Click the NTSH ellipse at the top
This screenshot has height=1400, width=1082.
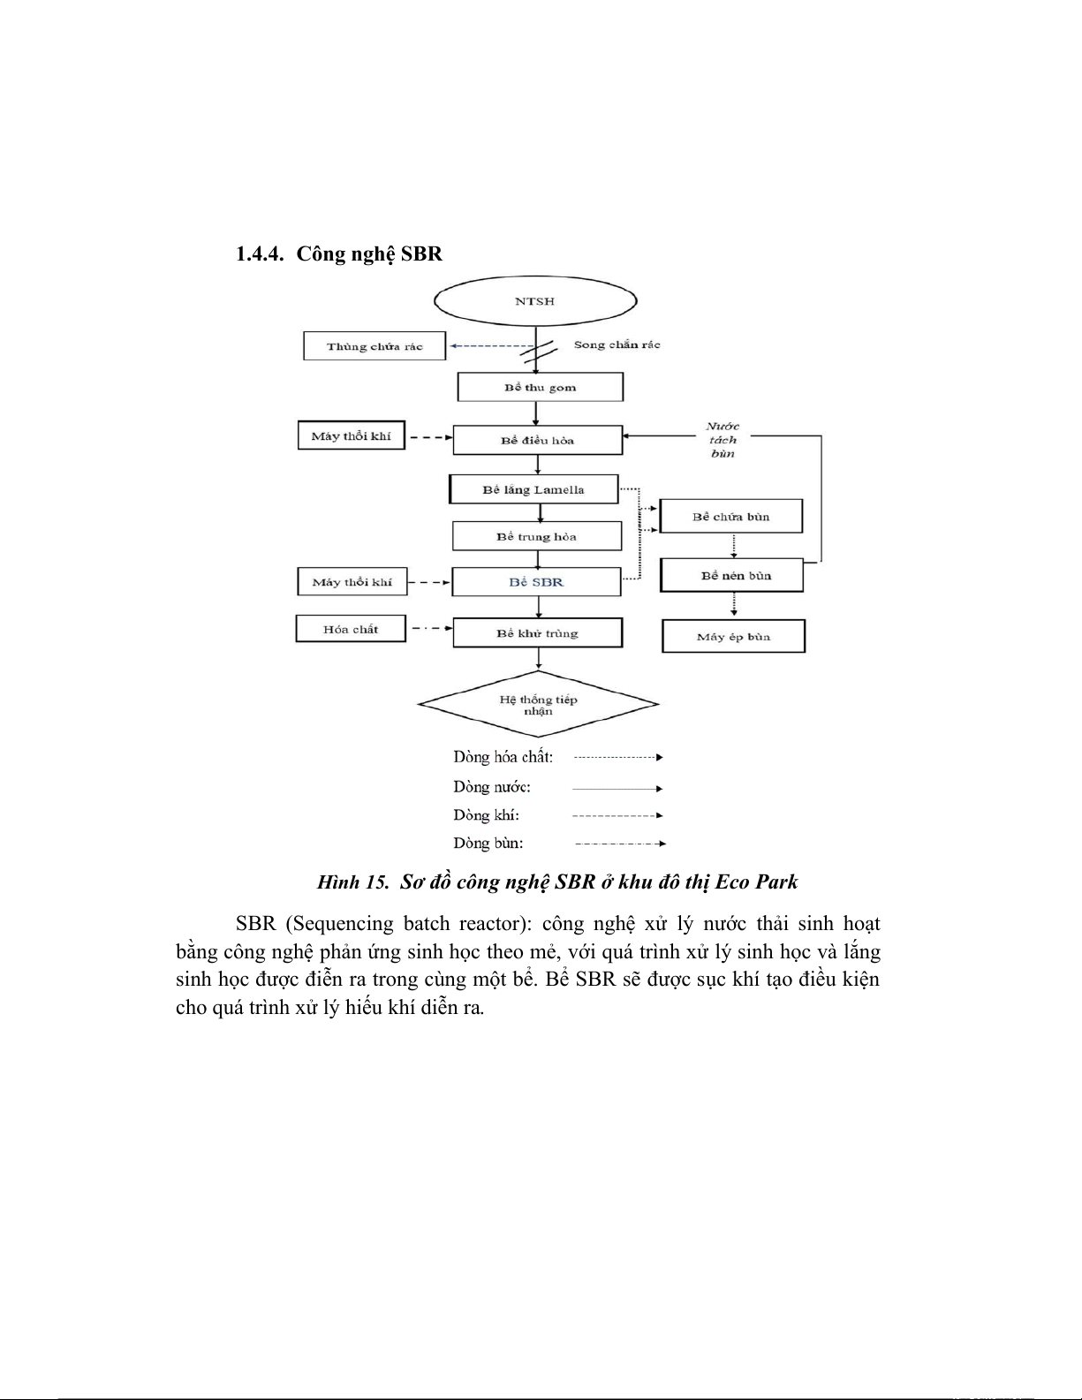tap(535, 301)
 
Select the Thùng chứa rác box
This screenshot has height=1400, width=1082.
tap(375, 346)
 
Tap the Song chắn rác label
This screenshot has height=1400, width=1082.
tap(617, 344)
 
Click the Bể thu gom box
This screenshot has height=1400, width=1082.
tap(540, 387)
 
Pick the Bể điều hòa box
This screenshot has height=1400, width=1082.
tap(537, 440)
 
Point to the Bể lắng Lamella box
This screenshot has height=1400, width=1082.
tap(533, 489)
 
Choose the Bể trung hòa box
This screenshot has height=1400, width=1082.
tap(536, 536)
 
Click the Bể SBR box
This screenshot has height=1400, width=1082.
tap(536, 582)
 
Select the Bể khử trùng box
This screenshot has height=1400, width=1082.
tap(537, 632)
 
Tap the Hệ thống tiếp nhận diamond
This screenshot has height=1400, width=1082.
tap(538, 705)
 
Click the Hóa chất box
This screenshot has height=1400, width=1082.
tap(350, 629)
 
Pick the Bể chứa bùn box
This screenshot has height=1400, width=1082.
tap(730, 517)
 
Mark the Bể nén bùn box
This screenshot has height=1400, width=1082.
tap(731, 575)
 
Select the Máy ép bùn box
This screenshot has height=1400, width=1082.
tap(733, 636)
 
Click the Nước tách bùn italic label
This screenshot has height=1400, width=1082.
tap(723, 439)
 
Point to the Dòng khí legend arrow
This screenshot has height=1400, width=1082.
tap(617, 815)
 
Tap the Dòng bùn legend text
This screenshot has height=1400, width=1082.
tap(488, 843)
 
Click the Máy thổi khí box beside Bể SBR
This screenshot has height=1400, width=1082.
tap(352, 582)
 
